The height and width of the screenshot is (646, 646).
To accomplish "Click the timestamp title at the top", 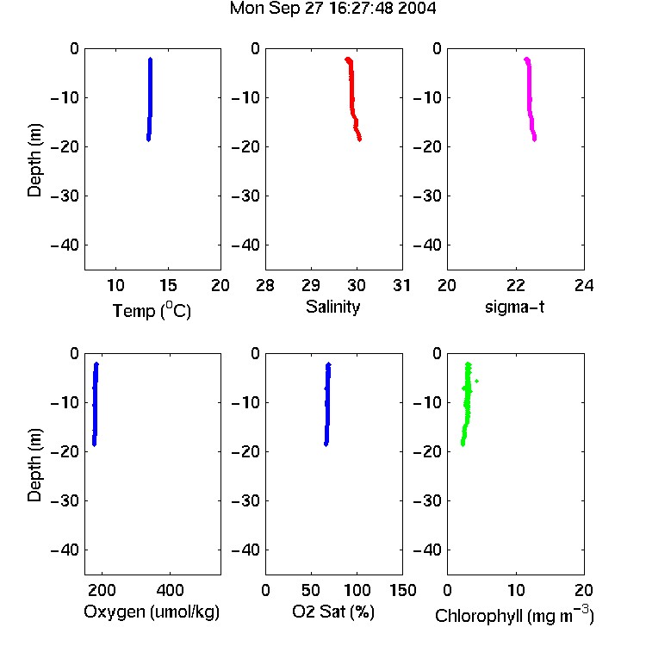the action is coord(332,9).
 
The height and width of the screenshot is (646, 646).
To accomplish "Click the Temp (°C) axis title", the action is coord(152,310).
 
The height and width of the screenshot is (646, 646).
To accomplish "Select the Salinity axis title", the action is coord(332,307).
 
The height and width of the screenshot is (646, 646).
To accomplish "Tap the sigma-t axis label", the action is coord(514,307).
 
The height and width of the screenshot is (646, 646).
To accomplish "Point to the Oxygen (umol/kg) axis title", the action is coord(152,612).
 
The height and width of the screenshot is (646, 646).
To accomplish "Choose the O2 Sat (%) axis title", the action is coord(333,612).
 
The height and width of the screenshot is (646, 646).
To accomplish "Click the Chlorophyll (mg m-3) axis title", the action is coord(514,615).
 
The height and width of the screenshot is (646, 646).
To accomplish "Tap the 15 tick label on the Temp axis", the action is coord(168,285).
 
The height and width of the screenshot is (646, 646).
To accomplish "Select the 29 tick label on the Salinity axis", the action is coord(311,285).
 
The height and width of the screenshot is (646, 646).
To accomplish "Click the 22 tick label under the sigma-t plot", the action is coord(516,285).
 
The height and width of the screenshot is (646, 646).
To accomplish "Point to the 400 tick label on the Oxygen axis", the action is coord(171,590).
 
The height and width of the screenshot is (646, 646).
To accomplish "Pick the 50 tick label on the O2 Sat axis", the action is coord(311,590).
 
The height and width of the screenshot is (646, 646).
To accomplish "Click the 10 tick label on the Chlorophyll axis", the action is coord(516,590).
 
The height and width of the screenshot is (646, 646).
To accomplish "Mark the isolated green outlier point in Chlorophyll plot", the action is coord(476,381).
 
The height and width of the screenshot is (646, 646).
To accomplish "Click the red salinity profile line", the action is coord(352,99).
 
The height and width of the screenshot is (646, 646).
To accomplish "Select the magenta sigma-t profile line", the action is coord(530,99).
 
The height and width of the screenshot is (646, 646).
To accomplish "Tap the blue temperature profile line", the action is coord(150,99).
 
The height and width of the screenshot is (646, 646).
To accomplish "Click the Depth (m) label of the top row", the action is coord(34,160).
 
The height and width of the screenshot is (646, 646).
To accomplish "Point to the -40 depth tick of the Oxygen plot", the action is coord(65,550).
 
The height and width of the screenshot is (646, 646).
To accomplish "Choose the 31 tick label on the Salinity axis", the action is coord(401,285).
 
